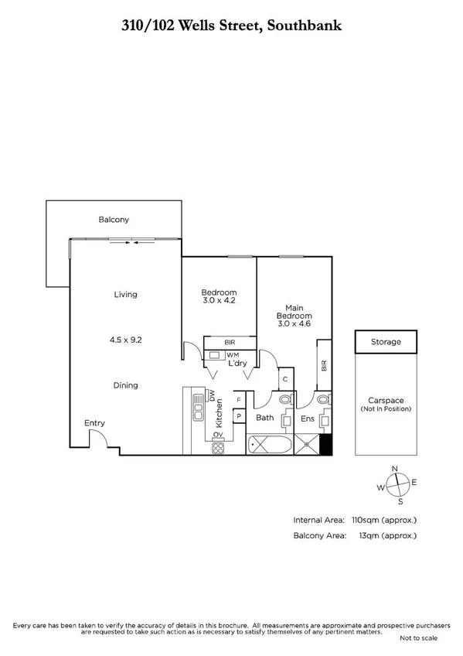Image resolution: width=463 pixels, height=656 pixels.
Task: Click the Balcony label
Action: [x=114, y=220]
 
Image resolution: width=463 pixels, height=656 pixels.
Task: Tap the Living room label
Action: [x=125, y=294]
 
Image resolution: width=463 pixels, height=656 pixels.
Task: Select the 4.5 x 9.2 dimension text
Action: [x=125, y=338]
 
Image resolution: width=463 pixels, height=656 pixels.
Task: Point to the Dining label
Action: [x=125, y=385]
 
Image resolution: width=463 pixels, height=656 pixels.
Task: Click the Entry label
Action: [x=95, y=423]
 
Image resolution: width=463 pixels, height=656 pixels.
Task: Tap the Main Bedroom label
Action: [x=294, y=312]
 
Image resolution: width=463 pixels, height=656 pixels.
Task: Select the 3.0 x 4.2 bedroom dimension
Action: [x=219, y=300]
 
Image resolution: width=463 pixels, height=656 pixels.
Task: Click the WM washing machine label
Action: [x=233, y=354]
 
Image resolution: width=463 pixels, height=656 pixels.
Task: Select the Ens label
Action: [x=308, y=419]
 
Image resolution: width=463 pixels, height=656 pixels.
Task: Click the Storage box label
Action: [x=386, y=341]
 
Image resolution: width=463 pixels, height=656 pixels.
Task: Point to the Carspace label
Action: [x=385, y=400]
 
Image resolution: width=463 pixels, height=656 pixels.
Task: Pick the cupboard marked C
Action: [x=285, y=379]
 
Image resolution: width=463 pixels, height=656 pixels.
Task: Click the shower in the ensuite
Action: [x=309, y=445]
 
